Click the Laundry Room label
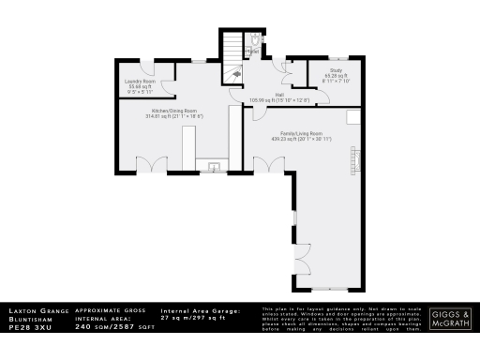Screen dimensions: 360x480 (140, 81)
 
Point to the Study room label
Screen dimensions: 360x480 (335, 71)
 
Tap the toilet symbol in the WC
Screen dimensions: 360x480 (255, 40)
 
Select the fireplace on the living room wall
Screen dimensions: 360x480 (353, 160)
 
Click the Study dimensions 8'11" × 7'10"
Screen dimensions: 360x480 (337, 81)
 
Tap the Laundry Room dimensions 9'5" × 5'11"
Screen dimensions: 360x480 (139, 91)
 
